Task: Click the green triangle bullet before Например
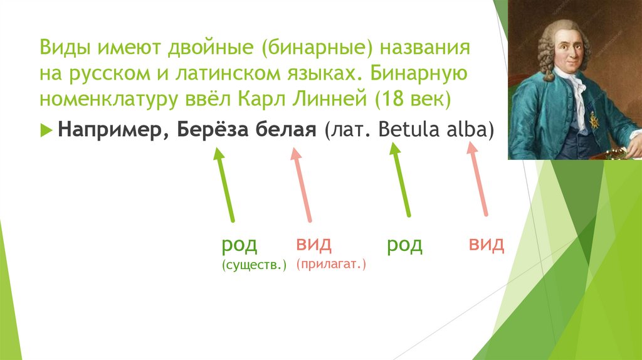[x=47, y=129]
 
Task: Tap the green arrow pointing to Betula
[x=401, y=179]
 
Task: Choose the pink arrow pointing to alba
[x=478, y=178]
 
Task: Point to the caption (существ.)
[x=254, y=266]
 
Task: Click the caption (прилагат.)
[x=332, y=265]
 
